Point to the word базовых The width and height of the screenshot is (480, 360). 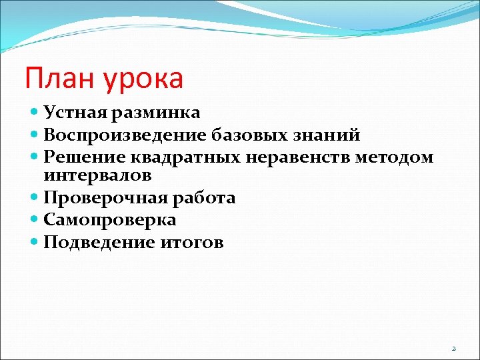[x=254, y=135]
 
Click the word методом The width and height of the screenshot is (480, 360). [x=395, y=157]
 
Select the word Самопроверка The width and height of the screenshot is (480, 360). [x=110, y=221]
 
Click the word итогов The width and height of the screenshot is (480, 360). [x=190, y=243]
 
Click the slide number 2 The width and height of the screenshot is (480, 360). [x=454, y=349]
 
